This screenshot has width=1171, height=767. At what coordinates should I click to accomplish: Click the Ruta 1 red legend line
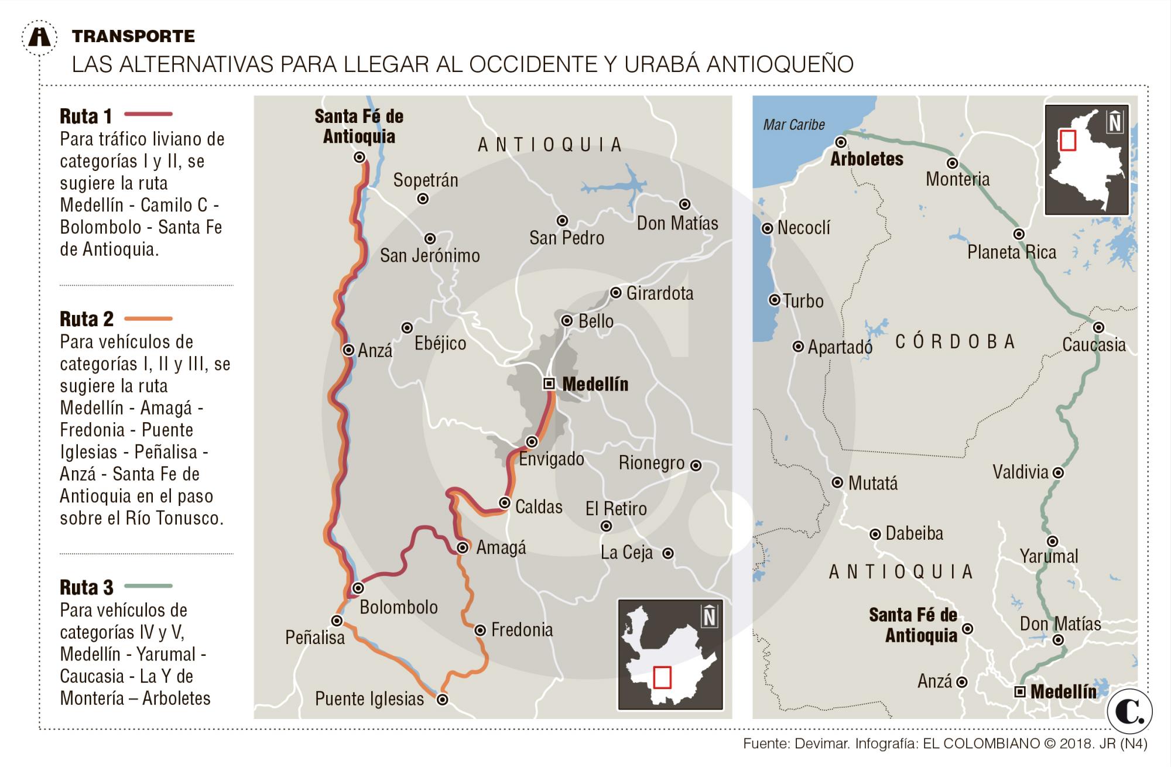pyautogui.click(x=149, y=114)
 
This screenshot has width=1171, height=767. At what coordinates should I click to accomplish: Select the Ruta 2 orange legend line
pyautogui.click(x=149, y=319)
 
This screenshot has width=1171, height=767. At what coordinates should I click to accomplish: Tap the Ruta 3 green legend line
pyautogui.click(x=149, y=585)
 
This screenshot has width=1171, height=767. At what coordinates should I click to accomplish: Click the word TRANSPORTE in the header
pyautogui.click(x=133, y=36)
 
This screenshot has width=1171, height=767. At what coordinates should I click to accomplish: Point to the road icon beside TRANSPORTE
pyautogui.click(x=40, y=37)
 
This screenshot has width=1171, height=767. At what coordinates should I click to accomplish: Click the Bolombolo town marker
pyautogui.click(x=358, y=588)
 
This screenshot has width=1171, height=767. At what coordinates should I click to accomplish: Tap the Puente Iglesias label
pyautogui.click(x=369, y=698)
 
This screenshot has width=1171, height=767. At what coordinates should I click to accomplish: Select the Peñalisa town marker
pyautogui.click(x=337, y=621)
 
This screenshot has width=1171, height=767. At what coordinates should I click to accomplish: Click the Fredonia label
pyautogui.click(x=522, y=630)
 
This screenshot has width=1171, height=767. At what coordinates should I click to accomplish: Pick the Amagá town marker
pyautogui.click(x=463, y=547)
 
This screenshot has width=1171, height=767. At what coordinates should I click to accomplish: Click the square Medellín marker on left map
pyautogui.click(x=549, y=383)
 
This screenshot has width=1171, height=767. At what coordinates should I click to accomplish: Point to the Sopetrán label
pyautogui.click(x=426, y=180)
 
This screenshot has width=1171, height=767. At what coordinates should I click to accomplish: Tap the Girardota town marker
pyautogui.click(x=615, y=293)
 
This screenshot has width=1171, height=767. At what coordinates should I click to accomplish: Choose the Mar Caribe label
pyautogui.click(x=794, y=125)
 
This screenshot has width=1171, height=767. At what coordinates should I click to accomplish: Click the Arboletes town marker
pyautogui.click(x=841, y=142)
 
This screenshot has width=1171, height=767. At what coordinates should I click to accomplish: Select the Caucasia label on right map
pyautogui.click(x=1094, y=345)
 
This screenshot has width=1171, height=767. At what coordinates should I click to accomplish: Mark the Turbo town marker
pyautogui.click(x=775, y=300)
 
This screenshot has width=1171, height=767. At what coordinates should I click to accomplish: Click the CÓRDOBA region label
pyautogui.click(x=955, y=342)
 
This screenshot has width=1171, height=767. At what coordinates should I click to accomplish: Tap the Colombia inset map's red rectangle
pyautogui.click(x=1069, y=141)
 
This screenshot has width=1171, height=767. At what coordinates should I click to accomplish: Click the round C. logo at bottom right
pyautogui.click(x=1129, y=712)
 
